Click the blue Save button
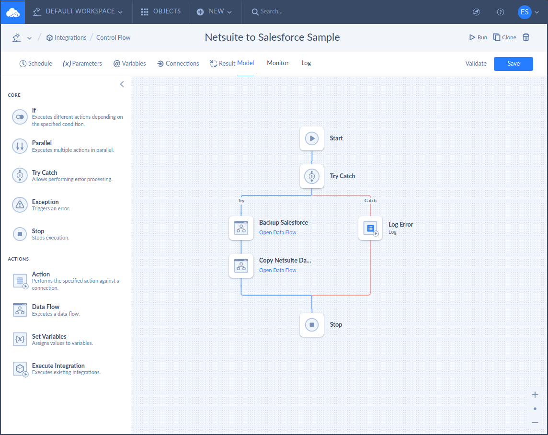tap(513, 64)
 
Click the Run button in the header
tap(478, 37)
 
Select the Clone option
tap(504, 37)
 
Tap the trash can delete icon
tap(525, 37)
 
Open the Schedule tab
tap(35, 64)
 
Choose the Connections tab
tap(178, 64)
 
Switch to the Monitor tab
tap(277, 63)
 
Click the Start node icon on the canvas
tap(312, 138)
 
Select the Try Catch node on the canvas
tap(312, 176)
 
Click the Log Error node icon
tap(370, 228)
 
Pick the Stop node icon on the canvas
tap(312, 325)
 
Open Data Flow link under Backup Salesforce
tap(277, 232)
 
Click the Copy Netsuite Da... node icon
tap(241, 266)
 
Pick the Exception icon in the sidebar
tap(20, 205)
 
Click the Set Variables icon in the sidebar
tap(20, 339)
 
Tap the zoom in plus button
tap(535, 395)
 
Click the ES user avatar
tap(524, 12)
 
